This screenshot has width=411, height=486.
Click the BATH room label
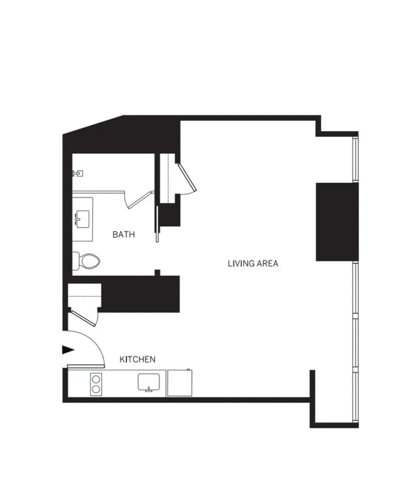click(123, 234)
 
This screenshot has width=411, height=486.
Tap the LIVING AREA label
click(253, 263)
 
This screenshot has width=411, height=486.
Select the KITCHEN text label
click(137, 359)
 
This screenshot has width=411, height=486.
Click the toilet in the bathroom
click(87, 261)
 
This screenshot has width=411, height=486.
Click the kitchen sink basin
click(149, 382)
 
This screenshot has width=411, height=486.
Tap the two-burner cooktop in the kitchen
click(96, 384)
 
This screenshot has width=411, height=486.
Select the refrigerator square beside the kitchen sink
click(179, 383)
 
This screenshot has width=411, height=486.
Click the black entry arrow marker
click(67, 350)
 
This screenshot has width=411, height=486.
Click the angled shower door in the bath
click(139, 200)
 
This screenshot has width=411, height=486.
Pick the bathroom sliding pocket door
click(157, 224)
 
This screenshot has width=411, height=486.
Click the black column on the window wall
click(337, 222)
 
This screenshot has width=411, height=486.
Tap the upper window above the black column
click(356, 159)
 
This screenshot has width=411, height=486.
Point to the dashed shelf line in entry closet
click(85, 296)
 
